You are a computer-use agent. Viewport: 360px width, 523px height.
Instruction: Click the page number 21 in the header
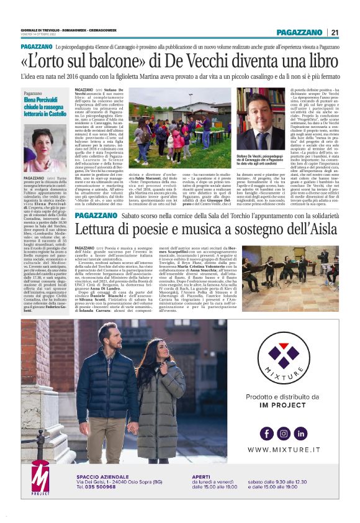tap(335, 32)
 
